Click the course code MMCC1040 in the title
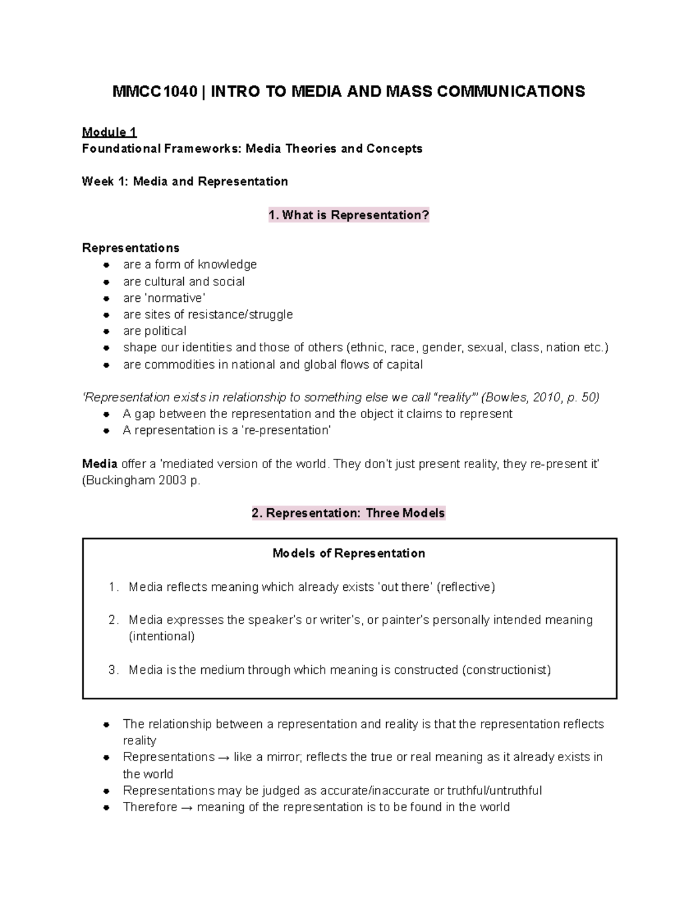tap(155, 91)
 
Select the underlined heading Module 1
tap(109, 132)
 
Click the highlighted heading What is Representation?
tap(348, 215)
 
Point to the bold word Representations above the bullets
tap(130, 248)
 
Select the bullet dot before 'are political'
tap(106, 331)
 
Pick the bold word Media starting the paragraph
tap(99, 464)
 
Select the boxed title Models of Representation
tap(348, 553)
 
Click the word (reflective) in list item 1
tap(466, 587)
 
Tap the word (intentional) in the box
tap(162, 636)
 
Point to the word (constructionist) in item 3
tap(506, 670)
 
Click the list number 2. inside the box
tap(113, 620)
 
